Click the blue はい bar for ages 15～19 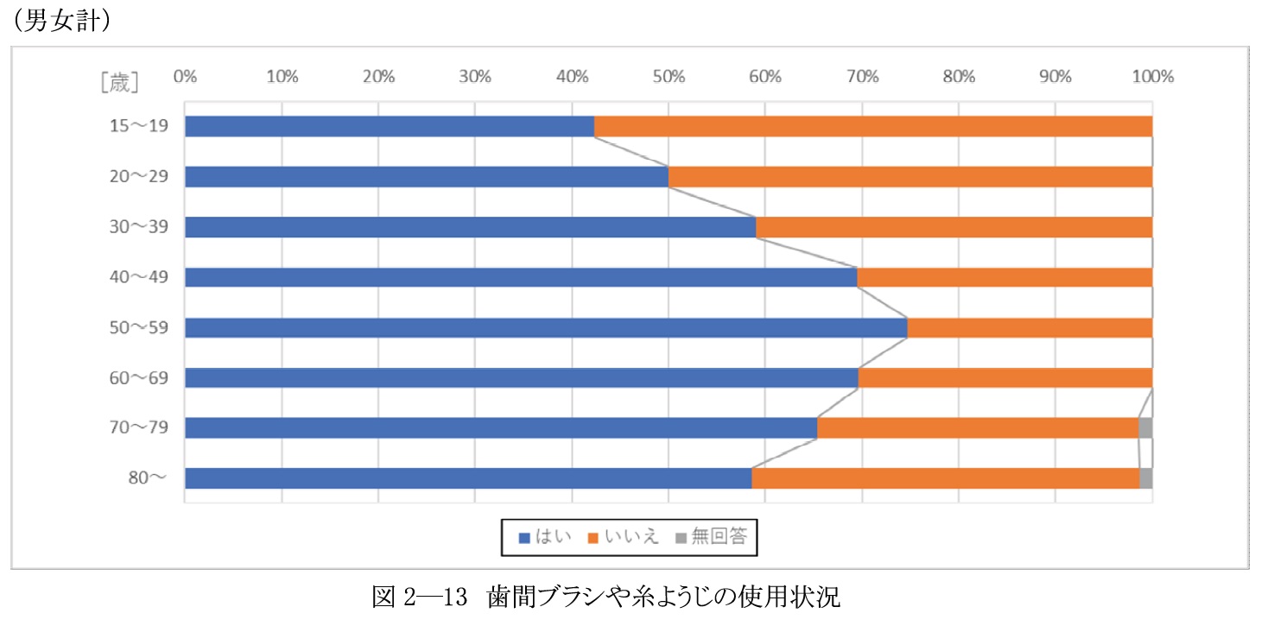coord(390,126)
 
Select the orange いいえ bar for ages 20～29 coord(910,177)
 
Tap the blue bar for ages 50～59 coord(546,328)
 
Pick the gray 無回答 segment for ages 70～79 coord(1145,428)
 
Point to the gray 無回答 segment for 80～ coord(1146,478)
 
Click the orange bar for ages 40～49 coord(1004,277)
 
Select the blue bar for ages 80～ coord(468,478)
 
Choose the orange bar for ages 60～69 coord(1005,378)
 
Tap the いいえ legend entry coord(624,537)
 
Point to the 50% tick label coord(669,76)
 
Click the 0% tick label coord(185,76)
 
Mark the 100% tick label coord(1152,76)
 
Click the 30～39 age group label coord(140,227)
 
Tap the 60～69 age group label coord(140,378)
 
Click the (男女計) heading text coord(60,22)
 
